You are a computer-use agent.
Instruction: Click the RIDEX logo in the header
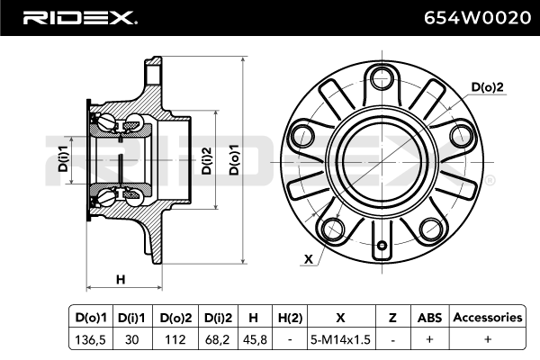[80, 18]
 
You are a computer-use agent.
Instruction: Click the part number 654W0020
[477, 18]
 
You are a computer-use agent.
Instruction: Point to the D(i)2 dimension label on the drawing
[206, 160]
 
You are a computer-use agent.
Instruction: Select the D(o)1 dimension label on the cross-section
[234, 160]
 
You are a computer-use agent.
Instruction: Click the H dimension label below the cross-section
[121, 279]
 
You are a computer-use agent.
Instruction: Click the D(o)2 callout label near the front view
[487, 86]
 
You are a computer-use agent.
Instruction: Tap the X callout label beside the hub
[309, 258]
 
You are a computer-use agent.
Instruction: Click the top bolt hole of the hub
[382, 77]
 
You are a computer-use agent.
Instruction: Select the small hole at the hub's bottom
[382, 246]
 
